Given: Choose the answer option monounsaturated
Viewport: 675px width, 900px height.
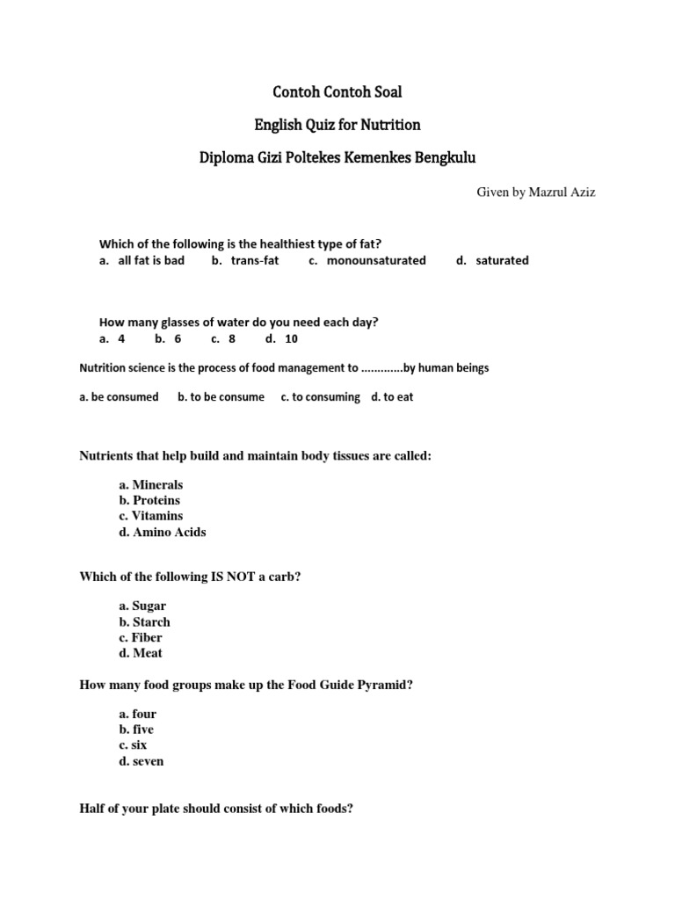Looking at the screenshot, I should pyautogui.click(x=376, y=260).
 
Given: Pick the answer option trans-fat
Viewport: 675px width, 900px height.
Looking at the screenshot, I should pyautogui.click(x=255, y=260).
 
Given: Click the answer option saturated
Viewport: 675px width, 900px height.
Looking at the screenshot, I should pyautogui.click(x=503, y=260).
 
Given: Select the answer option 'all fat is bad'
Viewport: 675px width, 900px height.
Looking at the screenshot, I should pyautogui.click(x=151, y=260).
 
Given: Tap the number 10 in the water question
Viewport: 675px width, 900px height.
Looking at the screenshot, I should pyautogui.click(x=292, y=337).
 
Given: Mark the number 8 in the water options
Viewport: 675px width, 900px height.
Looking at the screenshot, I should pyautogui.click(x=232, y=337).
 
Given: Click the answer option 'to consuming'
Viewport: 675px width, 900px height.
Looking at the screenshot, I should pyautogui.click(x=326, y=396).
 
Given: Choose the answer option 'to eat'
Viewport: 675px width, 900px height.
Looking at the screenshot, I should pyautogui.click(x=398, y=396).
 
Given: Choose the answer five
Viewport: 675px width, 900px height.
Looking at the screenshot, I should pyautogui.click(x=143, y=729).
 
